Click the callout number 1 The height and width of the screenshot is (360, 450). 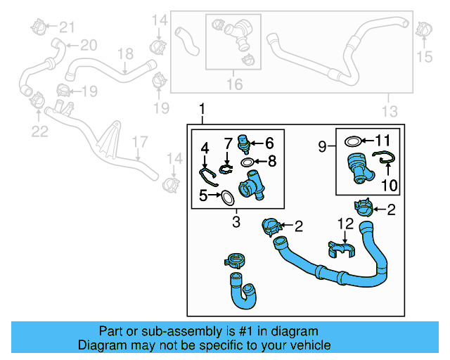click(203, 110)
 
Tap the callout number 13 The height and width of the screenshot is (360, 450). click(389, 110)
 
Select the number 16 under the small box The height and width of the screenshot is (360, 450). click(233, 84)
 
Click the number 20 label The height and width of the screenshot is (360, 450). click(88, 46)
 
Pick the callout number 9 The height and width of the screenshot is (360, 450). click(322, 146)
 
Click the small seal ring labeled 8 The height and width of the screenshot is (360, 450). click(248, 162)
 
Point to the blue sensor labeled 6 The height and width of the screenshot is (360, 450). click(244, 143)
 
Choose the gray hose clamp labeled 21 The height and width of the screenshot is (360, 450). click(39, 28)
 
